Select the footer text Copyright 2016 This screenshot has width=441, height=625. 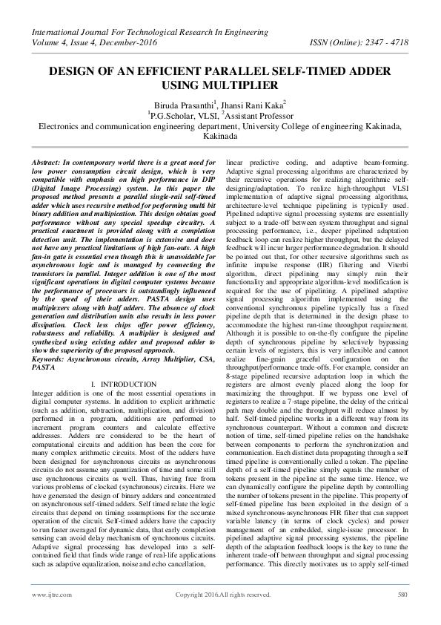tap(196, 595)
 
